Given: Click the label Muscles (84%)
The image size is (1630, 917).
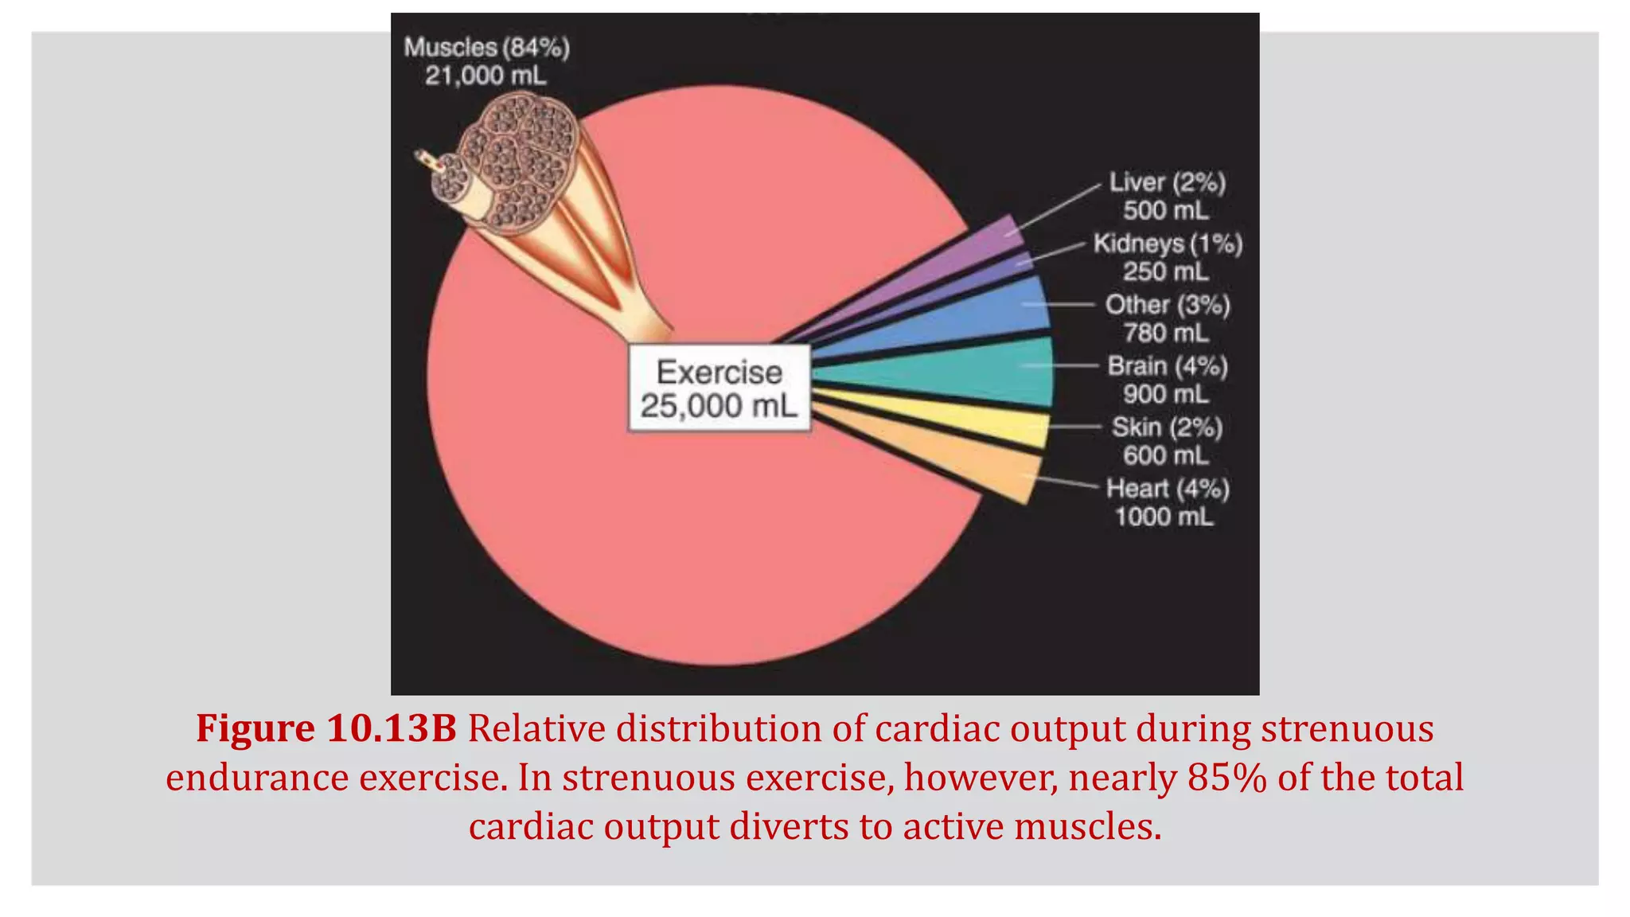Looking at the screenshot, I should [486, 48].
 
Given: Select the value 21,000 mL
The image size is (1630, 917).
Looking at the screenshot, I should [485, 76].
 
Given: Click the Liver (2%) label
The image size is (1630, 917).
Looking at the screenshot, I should [1167, 183].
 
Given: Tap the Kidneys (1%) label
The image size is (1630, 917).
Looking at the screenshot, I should [1167, 244].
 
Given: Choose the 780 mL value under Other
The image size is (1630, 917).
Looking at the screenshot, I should [1166, 333].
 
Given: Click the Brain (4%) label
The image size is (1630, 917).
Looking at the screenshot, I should [1167, 366].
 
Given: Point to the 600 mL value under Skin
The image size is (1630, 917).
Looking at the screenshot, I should [1166, 455].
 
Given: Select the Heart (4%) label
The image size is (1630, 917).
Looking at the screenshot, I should [1167, 489].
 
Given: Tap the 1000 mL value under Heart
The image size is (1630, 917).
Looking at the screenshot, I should [1164, 517].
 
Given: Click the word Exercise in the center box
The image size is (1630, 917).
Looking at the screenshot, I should [719, 373].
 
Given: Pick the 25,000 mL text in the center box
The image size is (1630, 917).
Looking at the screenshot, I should [719, 406].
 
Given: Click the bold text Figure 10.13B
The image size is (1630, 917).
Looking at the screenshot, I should [326, 728].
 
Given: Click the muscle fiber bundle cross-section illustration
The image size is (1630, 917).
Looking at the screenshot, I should [517, 159].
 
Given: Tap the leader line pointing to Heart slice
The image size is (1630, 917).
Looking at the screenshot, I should [1063, 481].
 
